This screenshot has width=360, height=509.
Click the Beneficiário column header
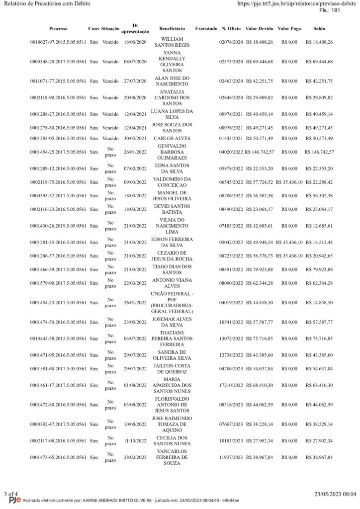pyautogui.click(x=172, y=29)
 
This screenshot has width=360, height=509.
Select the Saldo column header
pyautogui.click(x=320, y=29)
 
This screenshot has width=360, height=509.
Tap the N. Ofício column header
pyautogui.click(x=231, y=29)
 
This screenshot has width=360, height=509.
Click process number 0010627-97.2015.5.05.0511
pyautogui.click(x=58, y=42)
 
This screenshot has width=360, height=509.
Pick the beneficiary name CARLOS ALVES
pyautogui.click(x=172, y=138)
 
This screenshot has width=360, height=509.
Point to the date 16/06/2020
pyautogui.click(x=135, y=42)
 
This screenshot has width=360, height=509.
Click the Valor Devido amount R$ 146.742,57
pyautogui.click(x=259, y=152)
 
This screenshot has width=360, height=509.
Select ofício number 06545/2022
pyautogui.click(x=231, y=182)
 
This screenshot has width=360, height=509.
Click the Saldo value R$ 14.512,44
pyautogui.click(x=320, y=242)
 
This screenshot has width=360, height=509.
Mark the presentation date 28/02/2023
pyautogui.click(x=135, y=457)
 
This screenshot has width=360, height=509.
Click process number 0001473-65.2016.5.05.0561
pyautogui.click(x=58, y=457)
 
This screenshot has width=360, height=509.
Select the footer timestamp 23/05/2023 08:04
pyautogui.click(x=335, y=494)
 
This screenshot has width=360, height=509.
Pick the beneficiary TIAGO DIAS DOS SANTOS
pyautogui.click(x=172, y=269)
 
